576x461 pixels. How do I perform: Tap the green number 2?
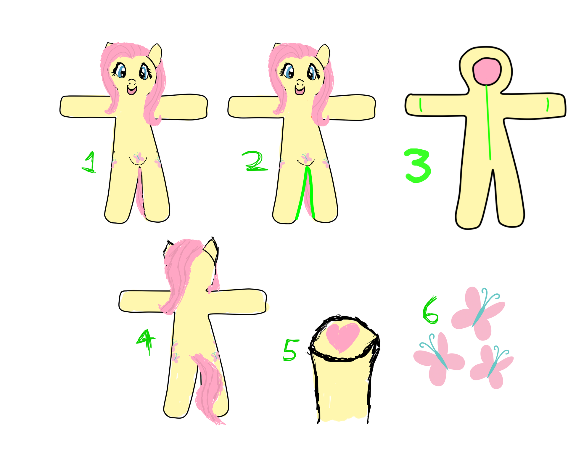pos(255,162)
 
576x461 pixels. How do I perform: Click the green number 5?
pos(290,350)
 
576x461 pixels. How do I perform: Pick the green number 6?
pos(430,310)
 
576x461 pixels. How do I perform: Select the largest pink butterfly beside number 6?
pos(478,313)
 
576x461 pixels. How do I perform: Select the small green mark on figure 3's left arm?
pos(421,105)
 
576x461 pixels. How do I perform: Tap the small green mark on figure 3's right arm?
pos(548,105)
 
